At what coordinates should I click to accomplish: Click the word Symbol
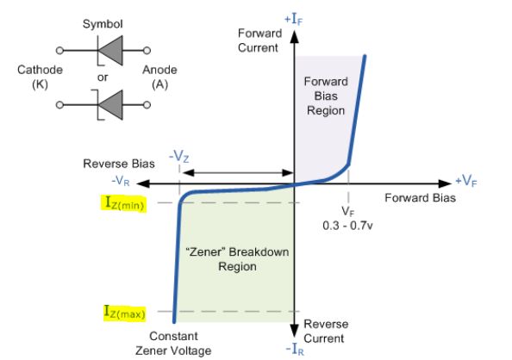pos(103,23)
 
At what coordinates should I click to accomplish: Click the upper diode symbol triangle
pos(106,52)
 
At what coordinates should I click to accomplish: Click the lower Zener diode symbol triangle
pos(106,106)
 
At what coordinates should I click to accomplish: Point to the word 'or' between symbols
pos(102,78)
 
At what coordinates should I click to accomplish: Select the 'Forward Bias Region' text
pos(324,96)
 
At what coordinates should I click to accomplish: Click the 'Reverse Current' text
pos(328,331)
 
